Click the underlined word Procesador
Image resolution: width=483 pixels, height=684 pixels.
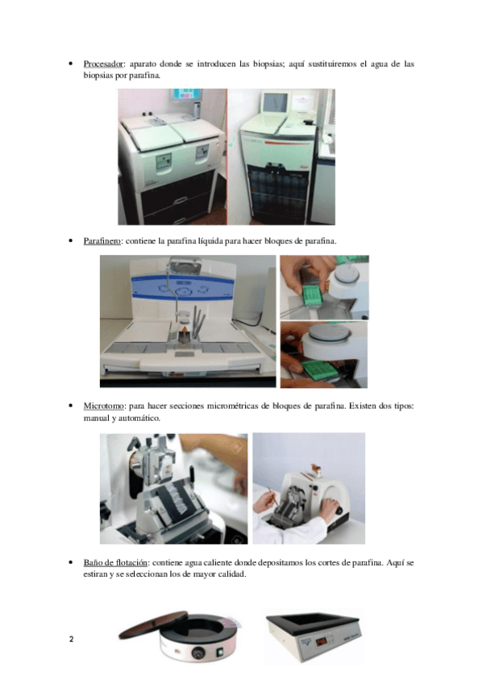[x=103, y=65]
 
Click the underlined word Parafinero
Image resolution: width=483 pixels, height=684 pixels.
[x=102, y=241]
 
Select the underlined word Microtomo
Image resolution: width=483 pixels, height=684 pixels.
[x=103, y=407]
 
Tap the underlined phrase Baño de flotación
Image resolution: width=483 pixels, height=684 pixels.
[x=115, y=563]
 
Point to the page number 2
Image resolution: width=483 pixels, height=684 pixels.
[x=72, y=640]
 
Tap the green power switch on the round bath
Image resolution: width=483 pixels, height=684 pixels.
[x=221, y=653]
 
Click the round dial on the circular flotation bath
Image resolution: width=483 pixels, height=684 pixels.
[x=199, y=653]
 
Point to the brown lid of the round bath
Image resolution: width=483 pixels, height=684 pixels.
[x=152, y=624]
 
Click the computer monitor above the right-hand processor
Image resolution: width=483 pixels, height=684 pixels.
[x=275, y=102]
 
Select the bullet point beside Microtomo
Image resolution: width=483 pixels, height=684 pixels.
[x=71, y=407]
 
